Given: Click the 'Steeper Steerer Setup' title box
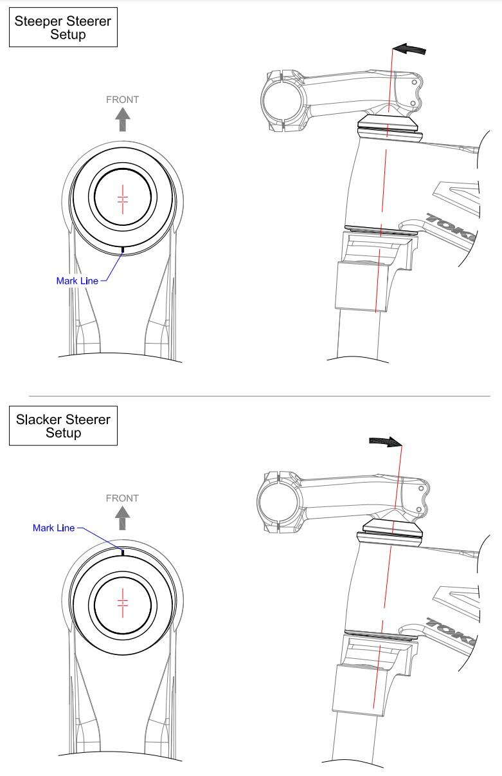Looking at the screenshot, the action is point(63,27).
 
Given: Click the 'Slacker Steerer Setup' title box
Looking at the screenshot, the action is point(63,425).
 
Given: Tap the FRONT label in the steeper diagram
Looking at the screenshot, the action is point(123,100).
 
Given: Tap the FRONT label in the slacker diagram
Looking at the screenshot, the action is point(123,498).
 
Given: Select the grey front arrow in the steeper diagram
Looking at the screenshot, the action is point(123,120).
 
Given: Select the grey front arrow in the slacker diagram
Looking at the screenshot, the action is point(123,518).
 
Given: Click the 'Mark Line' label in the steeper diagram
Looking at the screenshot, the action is point(77,281).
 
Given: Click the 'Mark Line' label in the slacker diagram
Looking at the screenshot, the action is point(53,528).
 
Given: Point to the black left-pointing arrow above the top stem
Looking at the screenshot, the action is point(410,49).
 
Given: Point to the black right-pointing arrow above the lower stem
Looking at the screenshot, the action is point(386,441).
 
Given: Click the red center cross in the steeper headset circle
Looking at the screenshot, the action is point(123,199).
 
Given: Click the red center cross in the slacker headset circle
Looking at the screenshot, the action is point(123,603).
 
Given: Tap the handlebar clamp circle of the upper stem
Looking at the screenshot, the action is point(283,101).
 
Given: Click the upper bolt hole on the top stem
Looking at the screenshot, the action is point(414,83).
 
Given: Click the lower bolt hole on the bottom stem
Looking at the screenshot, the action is point(418,509).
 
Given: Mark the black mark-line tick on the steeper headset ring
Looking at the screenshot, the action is point(123,250).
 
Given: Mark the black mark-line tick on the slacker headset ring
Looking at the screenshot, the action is point(123,552).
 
